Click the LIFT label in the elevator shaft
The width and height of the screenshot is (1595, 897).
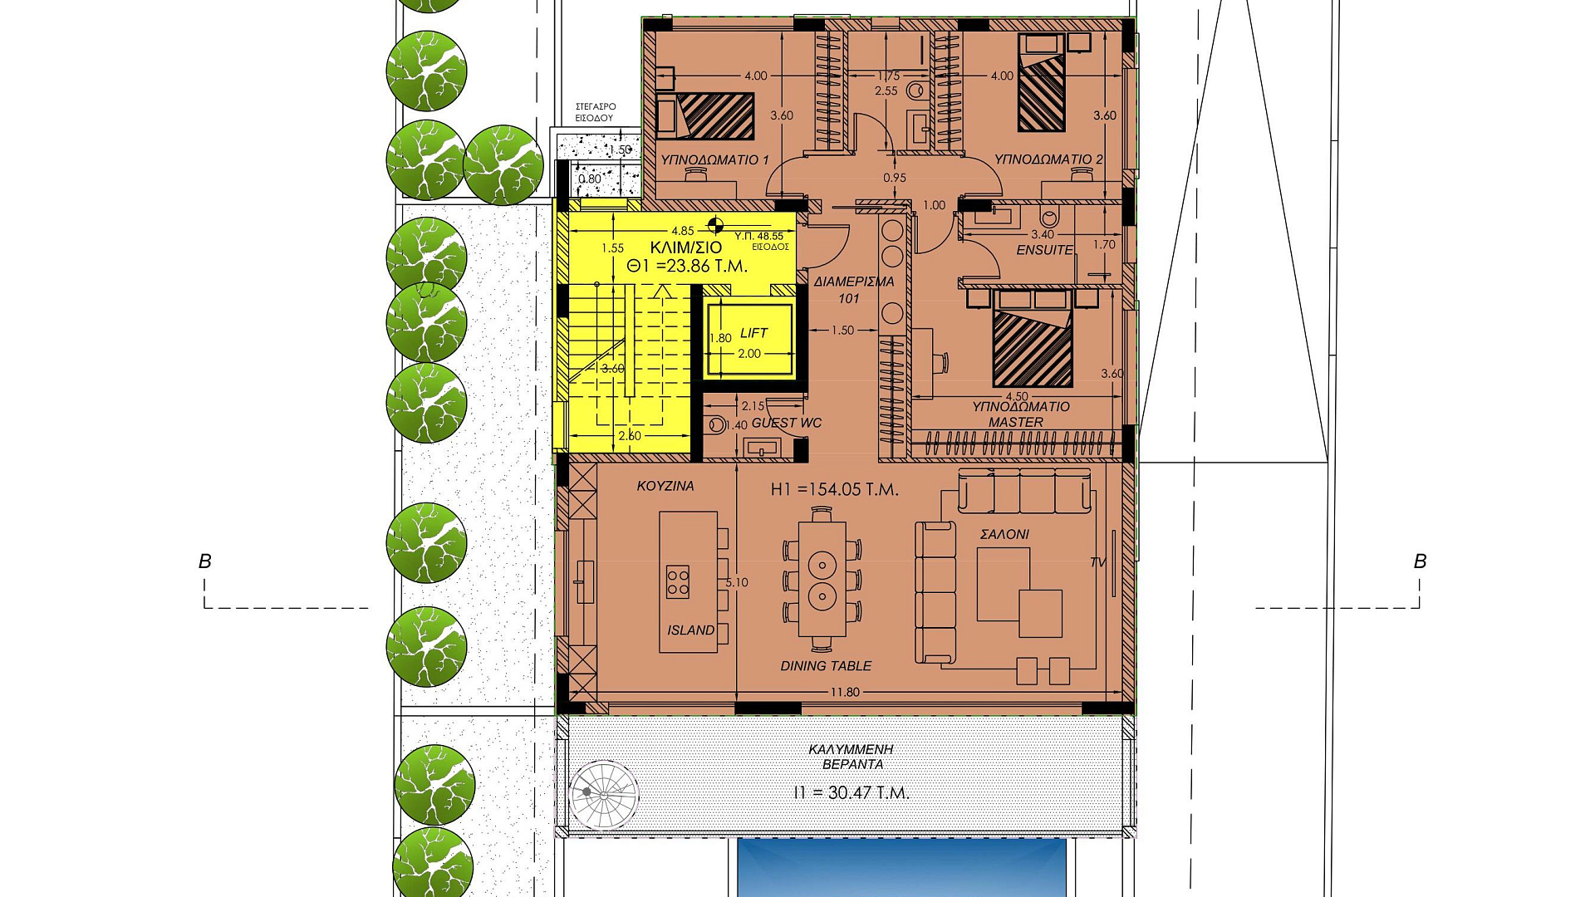point(753,333)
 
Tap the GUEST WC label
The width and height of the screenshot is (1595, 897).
point(787,423)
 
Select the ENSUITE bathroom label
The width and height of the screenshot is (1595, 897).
point(1044,250)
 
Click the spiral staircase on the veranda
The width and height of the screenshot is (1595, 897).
point(604,794)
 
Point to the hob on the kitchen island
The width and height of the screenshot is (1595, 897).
point(678,581)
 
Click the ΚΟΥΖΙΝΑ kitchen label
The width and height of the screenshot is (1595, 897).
point(665,486)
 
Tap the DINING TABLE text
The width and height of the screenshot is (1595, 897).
point(826,666)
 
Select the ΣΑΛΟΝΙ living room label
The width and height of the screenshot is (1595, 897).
point(1004,534)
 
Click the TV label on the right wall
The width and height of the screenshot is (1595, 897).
point(1098,562)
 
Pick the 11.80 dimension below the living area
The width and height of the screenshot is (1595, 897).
point(845,692)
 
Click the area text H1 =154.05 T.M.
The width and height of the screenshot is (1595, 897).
point(834,489)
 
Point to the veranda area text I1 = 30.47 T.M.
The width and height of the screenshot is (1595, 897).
point(851,792)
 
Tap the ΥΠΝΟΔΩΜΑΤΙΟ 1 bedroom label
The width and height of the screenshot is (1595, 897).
point(714,159)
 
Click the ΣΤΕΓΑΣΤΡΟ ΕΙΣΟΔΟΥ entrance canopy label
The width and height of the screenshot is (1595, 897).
point(596,112)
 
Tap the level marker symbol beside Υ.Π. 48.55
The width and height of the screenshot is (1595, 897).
point(715,224)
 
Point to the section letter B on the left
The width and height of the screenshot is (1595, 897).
point(205,561)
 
